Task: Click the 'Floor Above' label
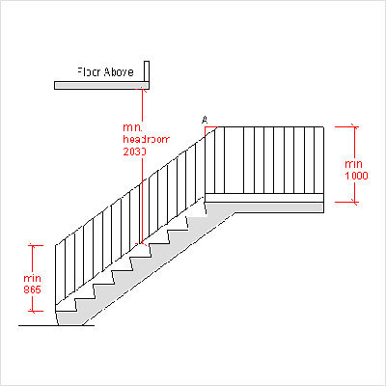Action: pos(105,71)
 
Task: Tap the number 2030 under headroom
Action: pos(134,152)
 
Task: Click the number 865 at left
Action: pos(33,289)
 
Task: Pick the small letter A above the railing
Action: pos(204,120)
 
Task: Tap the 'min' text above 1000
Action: pos(354,164)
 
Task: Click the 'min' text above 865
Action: pos(33,279)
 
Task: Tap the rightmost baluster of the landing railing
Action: pos(321,161)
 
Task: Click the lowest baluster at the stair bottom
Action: pos(56,280)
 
